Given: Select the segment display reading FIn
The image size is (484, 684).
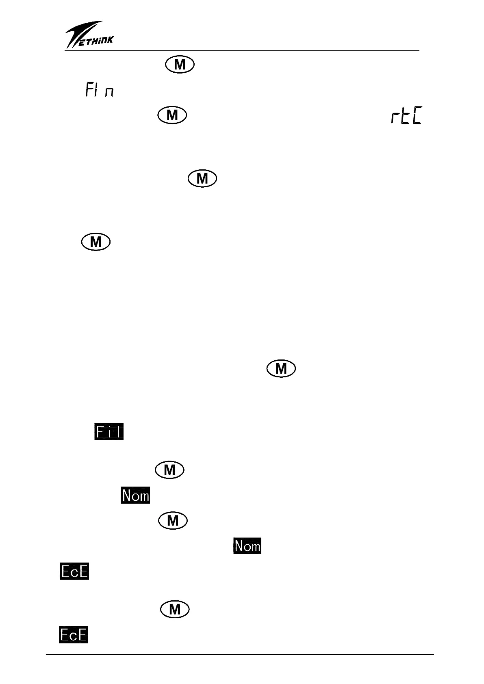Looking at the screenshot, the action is pos(99,90).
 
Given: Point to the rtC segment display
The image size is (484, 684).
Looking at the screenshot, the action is pos(406,117).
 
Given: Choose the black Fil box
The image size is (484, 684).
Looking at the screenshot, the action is pos(109,432).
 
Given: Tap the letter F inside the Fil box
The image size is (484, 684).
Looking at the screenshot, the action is pos(100,432).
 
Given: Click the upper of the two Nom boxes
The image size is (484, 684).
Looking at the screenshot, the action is pos(135,495).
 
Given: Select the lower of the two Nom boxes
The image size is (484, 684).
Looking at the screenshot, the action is pos(247,545).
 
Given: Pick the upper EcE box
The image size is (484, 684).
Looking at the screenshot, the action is pos(74,571).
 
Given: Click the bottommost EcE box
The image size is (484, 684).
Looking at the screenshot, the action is pos(74,634).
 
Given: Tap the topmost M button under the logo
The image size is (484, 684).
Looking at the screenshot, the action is pos(180,65).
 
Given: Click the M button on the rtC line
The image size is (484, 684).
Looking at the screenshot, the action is pos(172,115).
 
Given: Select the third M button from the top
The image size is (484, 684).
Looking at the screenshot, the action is pos(202,179).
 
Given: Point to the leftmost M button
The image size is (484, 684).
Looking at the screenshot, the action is pos(96,242).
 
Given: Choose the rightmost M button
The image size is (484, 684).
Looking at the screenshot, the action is pos(281,369).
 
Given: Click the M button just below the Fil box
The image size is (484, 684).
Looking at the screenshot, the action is pos(169,470).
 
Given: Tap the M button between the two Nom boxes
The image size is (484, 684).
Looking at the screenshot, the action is pos(173,520).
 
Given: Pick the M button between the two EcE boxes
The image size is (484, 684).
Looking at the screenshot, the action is pos(175,609).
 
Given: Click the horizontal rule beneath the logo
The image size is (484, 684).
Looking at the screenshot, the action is pos(242,51).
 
